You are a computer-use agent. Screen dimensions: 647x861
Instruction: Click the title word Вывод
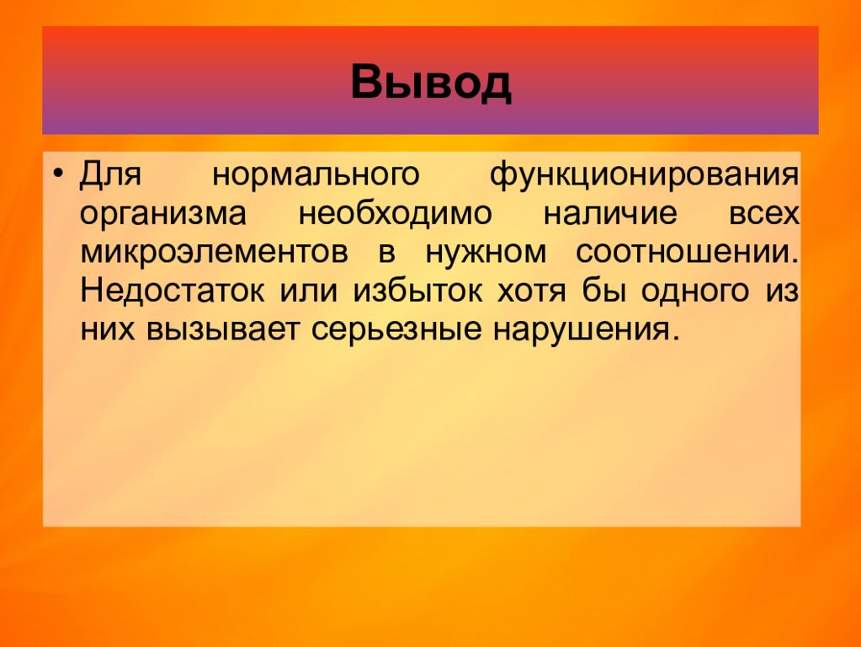pyautogui.click(x=431, y=82)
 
